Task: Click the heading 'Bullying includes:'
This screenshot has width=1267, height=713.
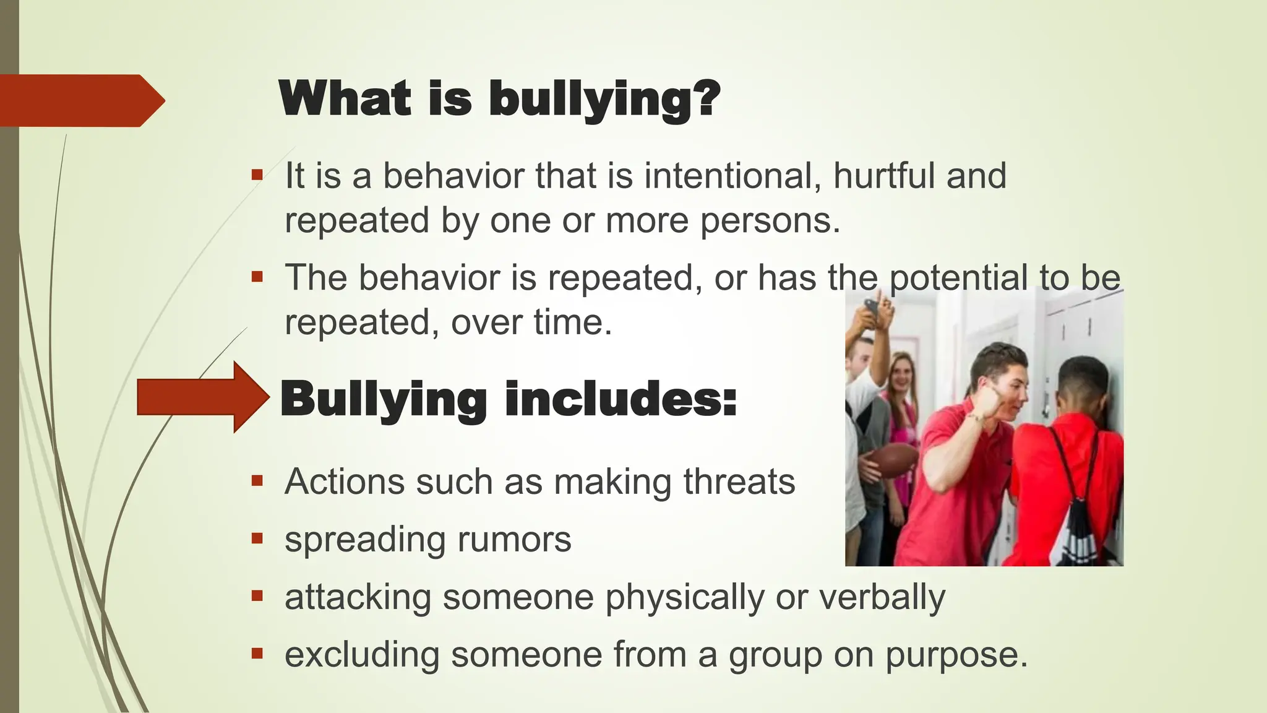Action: (x=509, y=399)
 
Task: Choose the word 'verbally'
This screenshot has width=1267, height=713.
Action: (x=882, y=597)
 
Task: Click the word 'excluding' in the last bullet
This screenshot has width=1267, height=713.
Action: (x=362, y=654)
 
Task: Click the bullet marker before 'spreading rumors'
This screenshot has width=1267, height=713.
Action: (x=257, y=538)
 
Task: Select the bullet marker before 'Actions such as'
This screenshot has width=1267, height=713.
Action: (x=257, y=481)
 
